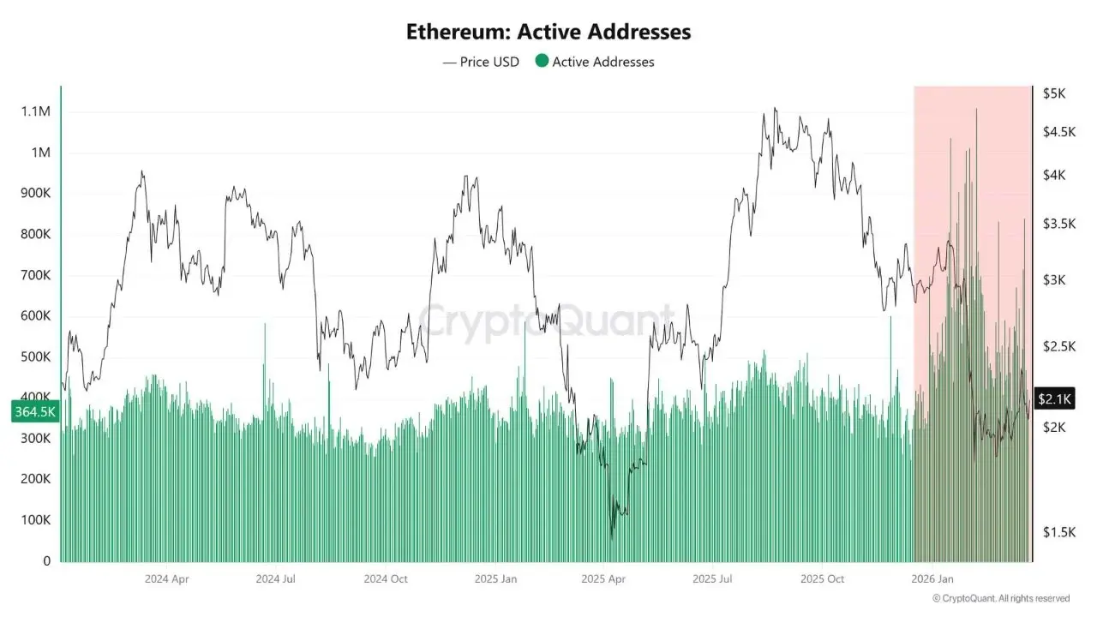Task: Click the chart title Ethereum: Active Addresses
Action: (548, 33)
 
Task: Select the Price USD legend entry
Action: (481, 62)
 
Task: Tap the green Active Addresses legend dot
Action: (542, 62)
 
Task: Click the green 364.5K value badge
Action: (35, 412)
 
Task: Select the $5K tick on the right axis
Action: (1053, 93)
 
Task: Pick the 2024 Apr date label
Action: (167, 578)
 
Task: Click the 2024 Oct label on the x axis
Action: (386, 578)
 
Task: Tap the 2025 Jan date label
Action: (496, 578)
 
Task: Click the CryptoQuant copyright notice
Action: (1001, 598)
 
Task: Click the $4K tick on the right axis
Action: (1053, 175)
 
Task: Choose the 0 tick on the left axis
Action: (47, 561)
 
